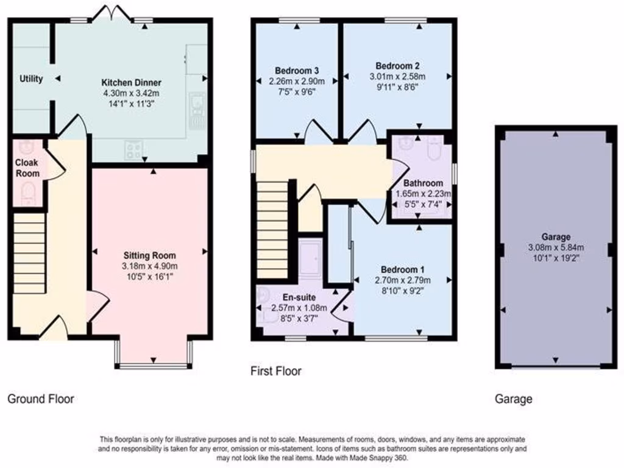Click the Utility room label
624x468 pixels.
coord(30,79)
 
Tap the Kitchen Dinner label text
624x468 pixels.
coord(131,83)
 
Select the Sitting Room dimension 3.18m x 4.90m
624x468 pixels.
coord(150,266)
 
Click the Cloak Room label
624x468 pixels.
coord(27,168)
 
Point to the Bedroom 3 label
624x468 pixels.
coord(297,69)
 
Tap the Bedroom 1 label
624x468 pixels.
coord(403,269)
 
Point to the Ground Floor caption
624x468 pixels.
coord(41,399)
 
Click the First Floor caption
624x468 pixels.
coord(276,370)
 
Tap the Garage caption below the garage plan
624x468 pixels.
coord(513,399)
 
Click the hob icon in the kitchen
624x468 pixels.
coord(134,150)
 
